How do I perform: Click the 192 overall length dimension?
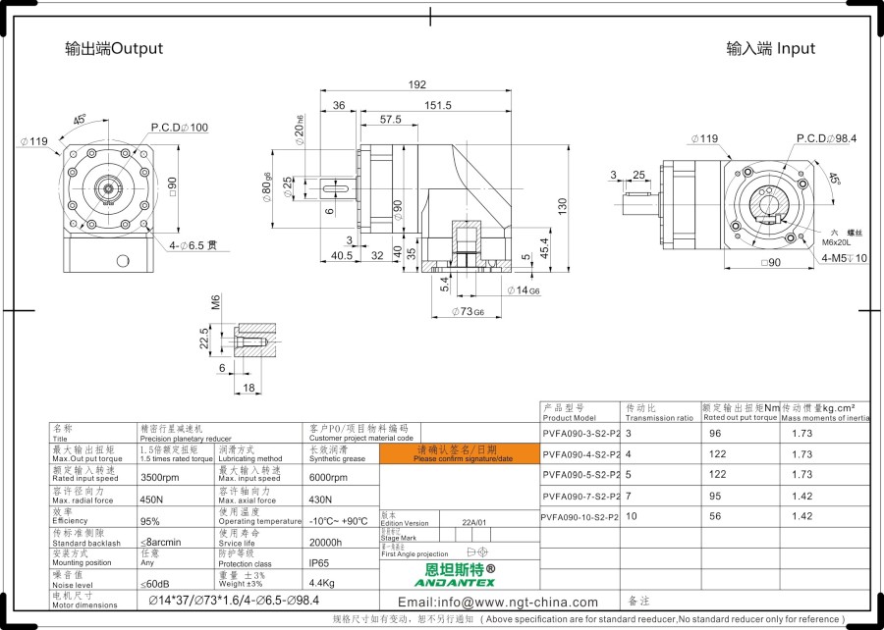416,84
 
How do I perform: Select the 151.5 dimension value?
438,105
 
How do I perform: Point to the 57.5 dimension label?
390,120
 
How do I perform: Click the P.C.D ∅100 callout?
180,128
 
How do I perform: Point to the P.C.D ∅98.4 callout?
826,138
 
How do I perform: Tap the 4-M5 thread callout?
844,259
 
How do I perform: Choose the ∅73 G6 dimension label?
467,311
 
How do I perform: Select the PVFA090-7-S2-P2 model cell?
580,496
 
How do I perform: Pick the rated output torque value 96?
715,433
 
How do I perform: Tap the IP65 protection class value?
320,563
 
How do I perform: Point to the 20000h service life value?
326,542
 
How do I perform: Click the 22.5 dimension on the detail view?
204,339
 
